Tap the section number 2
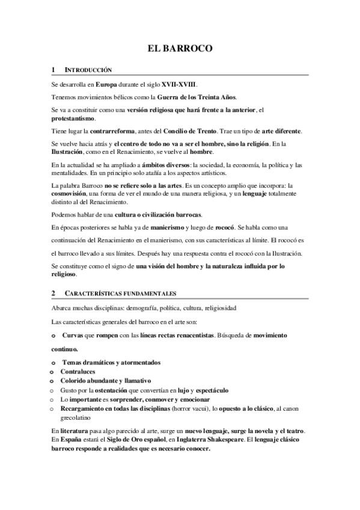[53, 293]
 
